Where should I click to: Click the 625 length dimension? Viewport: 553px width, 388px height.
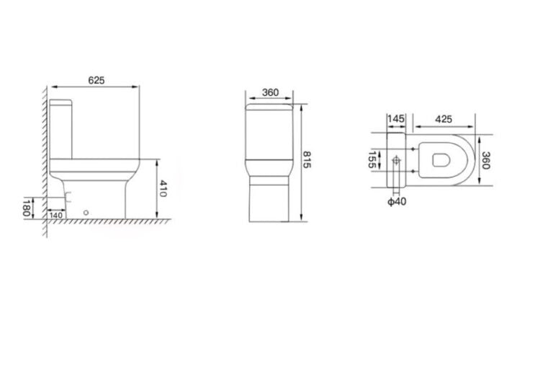(96, 81)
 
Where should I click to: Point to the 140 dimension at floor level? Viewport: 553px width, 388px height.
(56, 214)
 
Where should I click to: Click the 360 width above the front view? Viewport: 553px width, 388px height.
(270, 92)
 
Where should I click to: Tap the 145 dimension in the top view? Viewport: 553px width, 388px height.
(395, 118)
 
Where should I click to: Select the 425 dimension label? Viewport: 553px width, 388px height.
(444, 118)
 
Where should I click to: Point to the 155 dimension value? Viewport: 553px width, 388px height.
(372, 159)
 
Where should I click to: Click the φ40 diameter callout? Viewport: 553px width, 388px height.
(397, 201)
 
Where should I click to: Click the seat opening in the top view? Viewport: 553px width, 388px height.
(439, 160)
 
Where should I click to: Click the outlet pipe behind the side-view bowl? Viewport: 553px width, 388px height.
(67, 195)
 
